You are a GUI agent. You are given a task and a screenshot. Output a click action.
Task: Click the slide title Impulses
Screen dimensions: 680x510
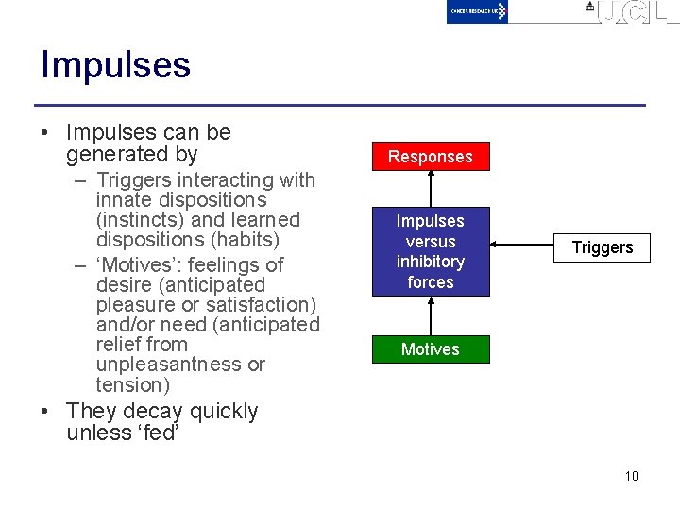(115, 65)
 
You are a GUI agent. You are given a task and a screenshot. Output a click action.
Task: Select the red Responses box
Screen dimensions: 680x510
(430, 157)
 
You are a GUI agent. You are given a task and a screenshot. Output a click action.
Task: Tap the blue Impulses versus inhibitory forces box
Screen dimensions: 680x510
(430, 251)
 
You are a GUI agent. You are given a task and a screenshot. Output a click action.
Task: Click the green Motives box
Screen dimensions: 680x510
(430, 349)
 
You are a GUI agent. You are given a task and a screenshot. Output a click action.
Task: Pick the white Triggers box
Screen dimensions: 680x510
(603, 247)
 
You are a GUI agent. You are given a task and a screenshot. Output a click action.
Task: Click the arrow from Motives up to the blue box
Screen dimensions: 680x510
(431, 315)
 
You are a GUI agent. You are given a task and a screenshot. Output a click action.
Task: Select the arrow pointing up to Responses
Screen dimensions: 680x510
(431, 189)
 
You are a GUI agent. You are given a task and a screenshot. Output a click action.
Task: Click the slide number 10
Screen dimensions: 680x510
(632, 476)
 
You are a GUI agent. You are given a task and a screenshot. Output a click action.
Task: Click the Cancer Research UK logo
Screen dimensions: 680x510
(477, 11)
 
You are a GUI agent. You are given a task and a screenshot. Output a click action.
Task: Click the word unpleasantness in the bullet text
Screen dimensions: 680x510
(179, 365)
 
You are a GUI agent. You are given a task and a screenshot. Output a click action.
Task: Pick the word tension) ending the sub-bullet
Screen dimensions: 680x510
(133, 384)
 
